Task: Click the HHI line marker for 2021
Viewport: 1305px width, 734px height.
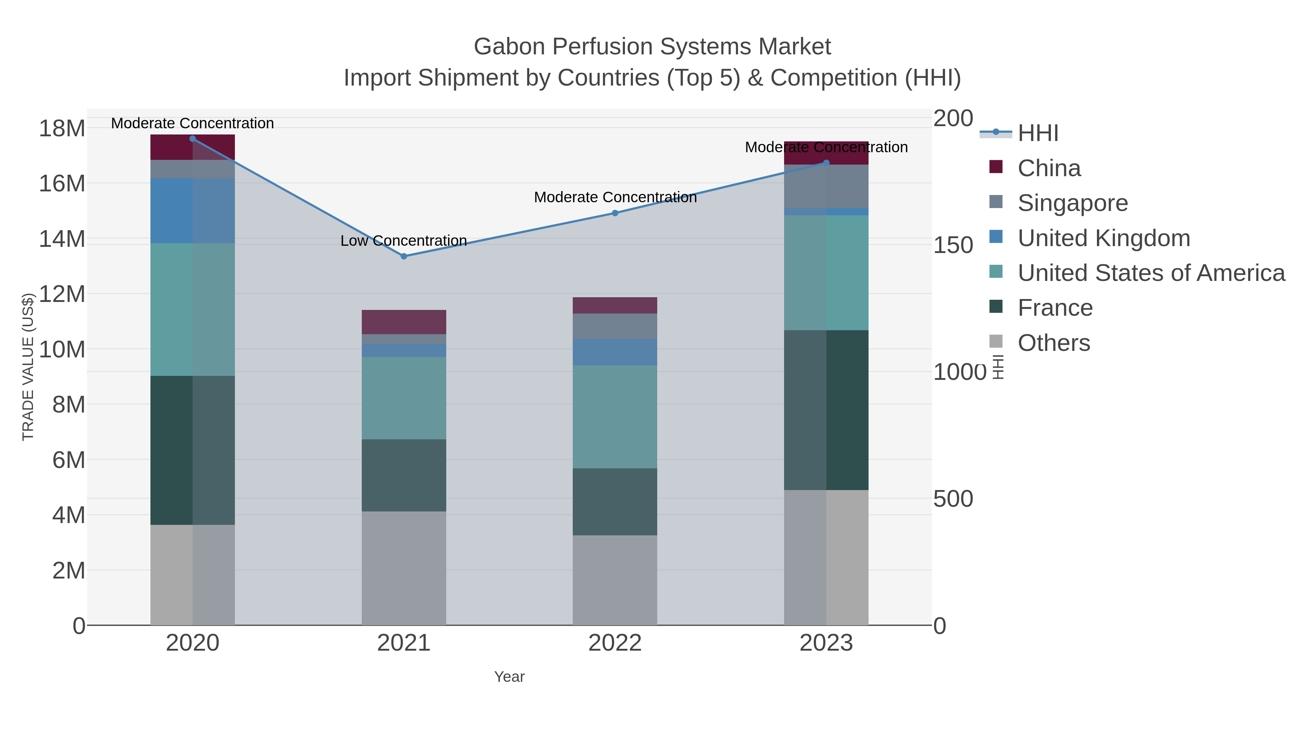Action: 404,256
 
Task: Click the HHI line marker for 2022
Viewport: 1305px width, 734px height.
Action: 615,213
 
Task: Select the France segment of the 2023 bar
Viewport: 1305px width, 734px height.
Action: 826,410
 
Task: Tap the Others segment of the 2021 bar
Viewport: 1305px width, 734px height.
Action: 404,568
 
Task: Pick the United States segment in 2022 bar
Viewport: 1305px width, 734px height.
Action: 615,416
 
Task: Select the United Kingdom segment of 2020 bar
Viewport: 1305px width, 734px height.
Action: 192,211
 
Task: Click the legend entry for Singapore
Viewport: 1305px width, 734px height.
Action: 1073,203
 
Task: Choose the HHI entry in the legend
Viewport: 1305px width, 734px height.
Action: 1037,133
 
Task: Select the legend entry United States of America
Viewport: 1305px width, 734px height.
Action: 1151,273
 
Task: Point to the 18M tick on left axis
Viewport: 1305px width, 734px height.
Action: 62,128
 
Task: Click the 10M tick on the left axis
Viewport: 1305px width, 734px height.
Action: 62,349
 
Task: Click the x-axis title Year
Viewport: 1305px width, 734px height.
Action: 509,677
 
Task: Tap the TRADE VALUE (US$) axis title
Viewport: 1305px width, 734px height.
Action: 28,367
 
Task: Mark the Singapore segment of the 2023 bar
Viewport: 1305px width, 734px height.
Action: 826,186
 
